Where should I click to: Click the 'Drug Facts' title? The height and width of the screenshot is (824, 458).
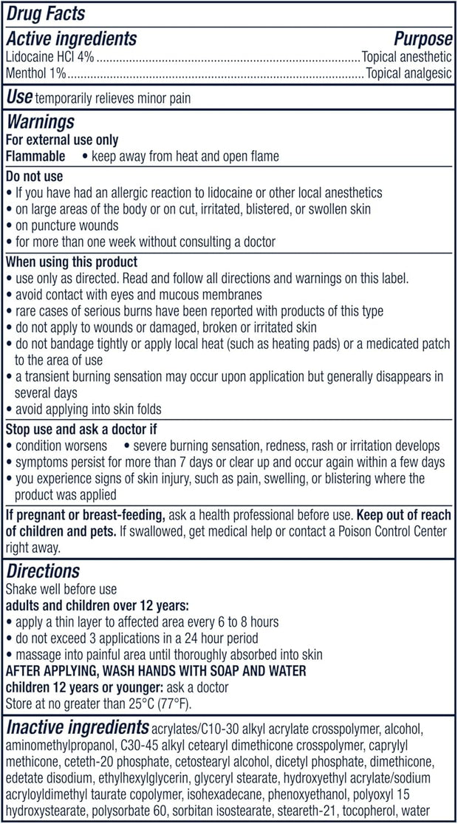click(45, 13)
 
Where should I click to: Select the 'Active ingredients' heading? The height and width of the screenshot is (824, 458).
click(71, 38)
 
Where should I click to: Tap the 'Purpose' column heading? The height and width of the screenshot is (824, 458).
click(422, 38)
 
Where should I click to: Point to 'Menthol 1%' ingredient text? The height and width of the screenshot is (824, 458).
click(36, 73)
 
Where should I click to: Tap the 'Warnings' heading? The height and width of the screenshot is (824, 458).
click(40, 121)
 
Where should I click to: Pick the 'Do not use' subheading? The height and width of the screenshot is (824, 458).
click(34, 177)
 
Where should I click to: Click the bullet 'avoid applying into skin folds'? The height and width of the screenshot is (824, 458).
click(87, 409)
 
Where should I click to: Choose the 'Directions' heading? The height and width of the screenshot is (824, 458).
click(43, 572)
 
